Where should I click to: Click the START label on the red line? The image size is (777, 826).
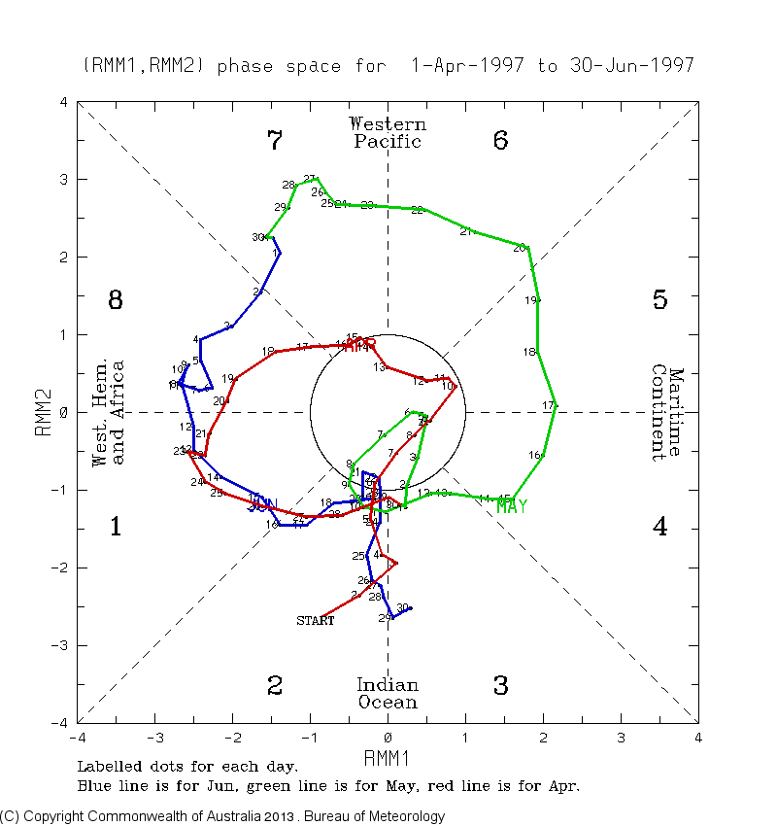[x=315, y=620]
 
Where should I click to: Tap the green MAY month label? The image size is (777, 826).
[x=511, y=506]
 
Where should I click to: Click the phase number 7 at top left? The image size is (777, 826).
[x=275, y=141]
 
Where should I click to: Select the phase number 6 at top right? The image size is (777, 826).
[x=500, y=141]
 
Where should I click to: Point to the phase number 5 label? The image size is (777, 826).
[x=659, y=299]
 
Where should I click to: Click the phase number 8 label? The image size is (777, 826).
[x=115, y=299]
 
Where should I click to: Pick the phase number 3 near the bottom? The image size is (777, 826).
[x=500, y=685]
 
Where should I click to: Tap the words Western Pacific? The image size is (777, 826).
[x=388, y=133]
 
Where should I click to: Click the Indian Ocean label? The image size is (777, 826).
[x=388, y=694]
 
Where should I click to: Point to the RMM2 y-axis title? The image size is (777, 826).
[x=43, y=412]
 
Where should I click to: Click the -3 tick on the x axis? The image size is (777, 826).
[x=153, y=738]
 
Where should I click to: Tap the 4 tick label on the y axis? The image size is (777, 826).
[x=63, y=102]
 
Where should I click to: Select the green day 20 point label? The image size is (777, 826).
[x=519, y=247]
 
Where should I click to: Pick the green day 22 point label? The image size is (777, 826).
[x=417, y=210]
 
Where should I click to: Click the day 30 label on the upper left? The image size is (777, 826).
[x=258, y=237]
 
